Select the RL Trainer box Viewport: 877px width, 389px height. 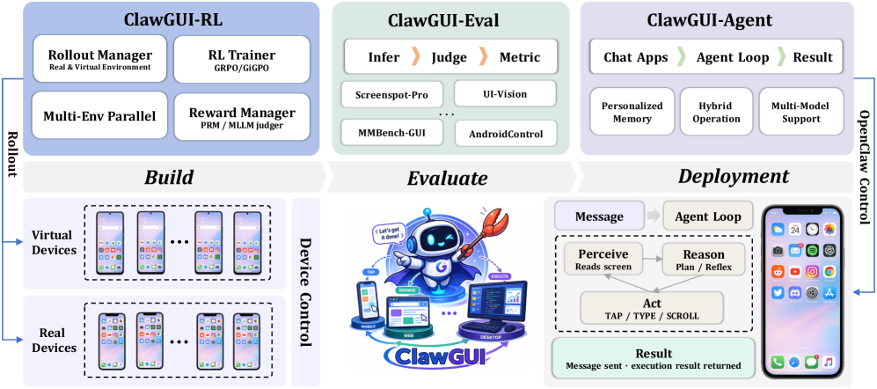tap(243, 59)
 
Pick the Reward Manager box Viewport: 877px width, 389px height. tap(243, 114)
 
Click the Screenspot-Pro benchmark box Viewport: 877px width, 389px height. tap(391, 92)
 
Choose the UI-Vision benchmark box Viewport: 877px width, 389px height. tap(505, 92)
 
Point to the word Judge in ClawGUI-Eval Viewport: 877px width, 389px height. tap(449, 57)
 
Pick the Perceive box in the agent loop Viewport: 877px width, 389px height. tap(603, 259)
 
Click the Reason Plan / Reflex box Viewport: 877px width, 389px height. tap(703, 259)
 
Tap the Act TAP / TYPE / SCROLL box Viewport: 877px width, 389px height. tap(652, 307)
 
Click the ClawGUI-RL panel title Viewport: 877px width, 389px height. tap(167, 17)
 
